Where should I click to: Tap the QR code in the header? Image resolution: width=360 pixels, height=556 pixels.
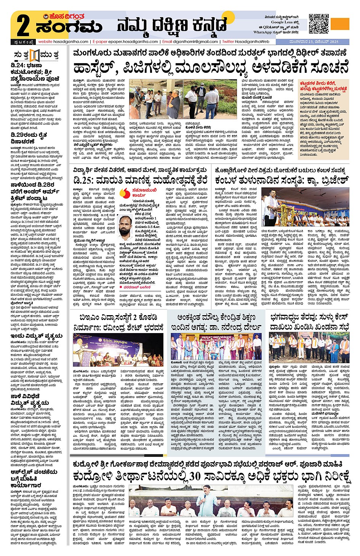(x=318, y=23)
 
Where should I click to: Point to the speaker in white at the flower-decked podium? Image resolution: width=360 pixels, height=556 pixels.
(x=272, y=206)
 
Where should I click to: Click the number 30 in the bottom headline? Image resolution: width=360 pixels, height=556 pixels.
(x=195, y=476)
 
